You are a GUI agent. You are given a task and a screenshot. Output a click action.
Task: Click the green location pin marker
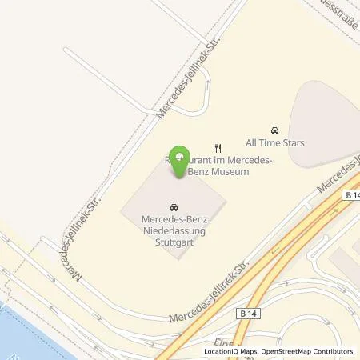tap(182, 156)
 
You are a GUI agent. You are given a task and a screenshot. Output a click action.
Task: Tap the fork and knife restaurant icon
tap(218, 147)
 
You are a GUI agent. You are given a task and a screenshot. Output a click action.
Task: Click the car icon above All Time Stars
tap(275, 130)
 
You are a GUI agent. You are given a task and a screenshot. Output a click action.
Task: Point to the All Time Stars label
tap(275, 143)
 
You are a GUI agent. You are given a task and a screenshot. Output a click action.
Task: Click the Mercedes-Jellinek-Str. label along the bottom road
tap(210, 291)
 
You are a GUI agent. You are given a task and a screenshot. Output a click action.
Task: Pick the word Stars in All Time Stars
tap(293, 143)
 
